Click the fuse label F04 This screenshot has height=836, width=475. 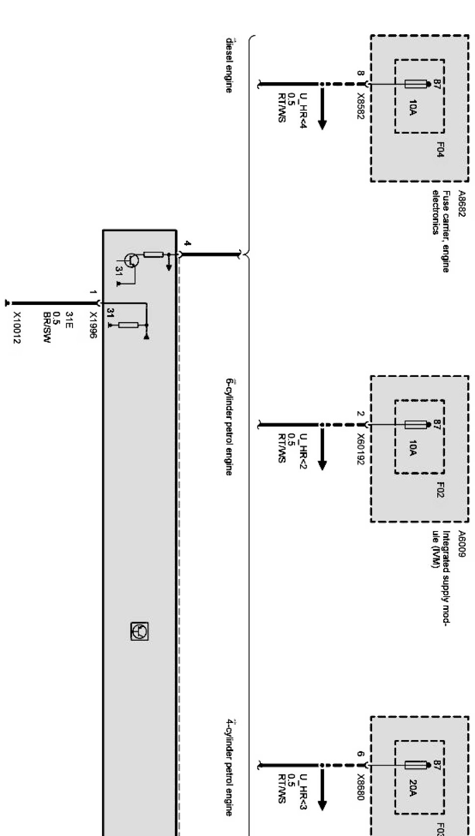click(x=440, y=149)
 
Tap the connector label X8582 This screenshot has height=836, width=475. click(x=360, y=103)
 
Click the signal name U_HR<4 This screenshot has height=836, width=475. click(x=303, y=111)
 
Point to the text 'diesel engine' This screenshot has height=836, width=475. click(x=228, y=65)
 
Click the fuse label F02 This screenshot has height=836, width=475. click(x=440, y=489)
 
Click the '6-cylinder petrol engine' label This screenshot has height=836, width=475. click(x=228, y=427)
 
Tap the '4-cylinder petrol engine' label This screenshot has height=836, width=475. click(x=228, y=767)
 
